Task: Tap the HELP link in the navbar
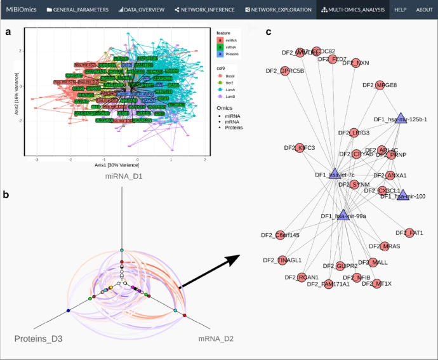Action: coord(400,10)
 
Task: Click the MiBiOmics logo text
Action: coord(18,10)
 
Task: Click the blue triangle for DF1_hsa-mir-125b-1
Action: coord(401,118)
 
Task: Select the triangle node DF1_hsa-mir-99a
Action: coord(343,215)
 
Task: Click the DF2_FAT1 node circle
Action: coord(409,233)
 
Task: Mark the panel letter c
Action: coord(269,32)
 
